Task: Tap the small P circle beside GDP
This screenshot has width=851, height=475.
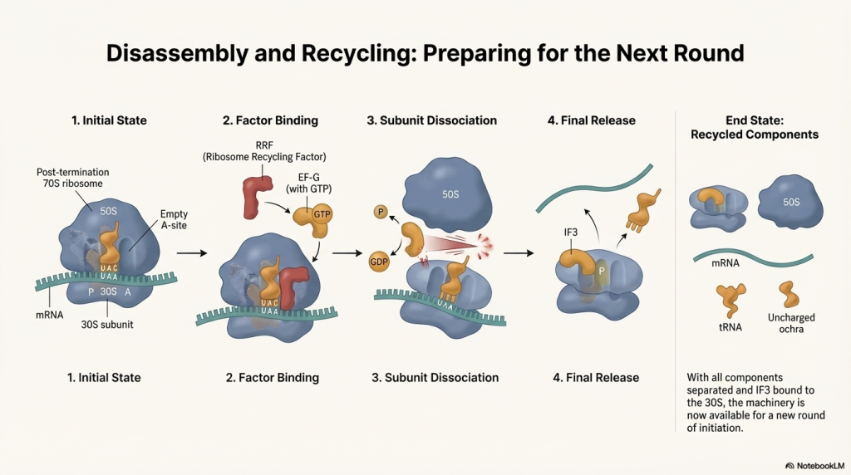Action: tap(379, 212)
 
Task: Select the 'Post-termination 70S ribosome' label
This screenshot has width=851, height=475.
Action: tap(73, 178)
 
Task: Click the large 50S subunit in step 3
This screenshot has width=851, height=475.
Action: tap(449, 198)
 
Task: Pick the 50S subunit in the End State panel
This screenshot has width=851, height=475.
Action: tap(791, 202)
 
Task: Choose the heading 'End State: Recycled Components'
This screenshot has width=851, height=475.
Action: tap(755, 127)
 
